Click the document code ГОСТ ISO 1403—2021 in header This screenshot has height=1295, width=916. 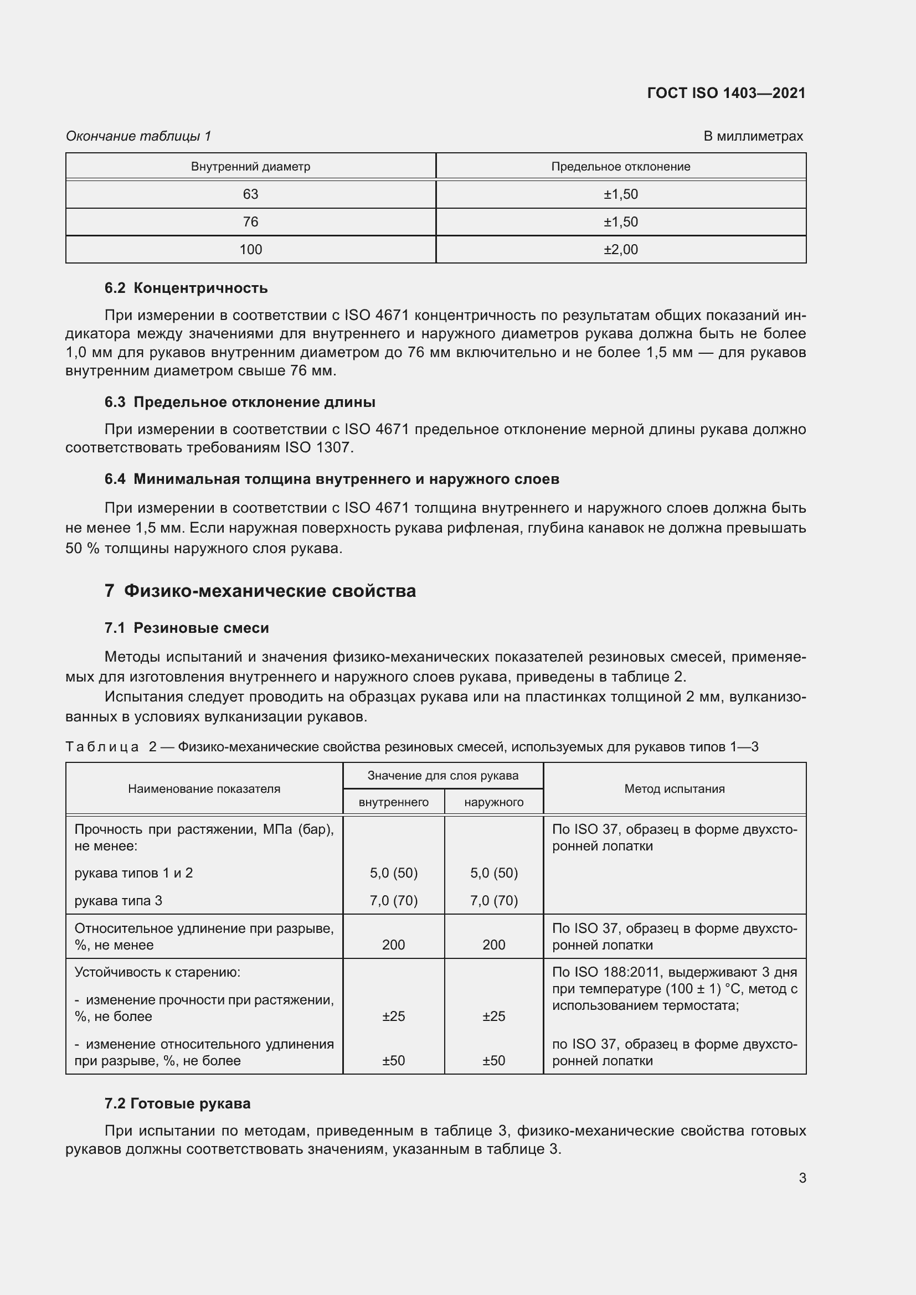(x=726, y=93)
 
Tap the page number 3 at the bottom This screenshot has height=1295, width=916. (x=802, y=1178)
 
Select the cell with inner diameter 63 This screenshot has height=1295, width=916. (x=250, y=194)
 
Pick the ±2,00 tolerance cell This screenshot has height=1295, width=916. (x=620, y=249)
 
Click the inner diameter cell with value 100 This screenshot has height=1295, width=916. (x=250, y=249)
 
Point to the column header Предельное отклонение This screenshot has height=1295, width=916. (x=620, y=167)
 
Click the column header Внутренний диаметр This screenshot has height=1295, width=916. (x=250, y=167)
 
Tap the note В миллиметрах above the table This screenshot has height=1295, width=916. (x=753, y=136)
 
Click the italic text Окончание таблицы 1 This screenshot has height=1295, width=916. (x=138, y=136)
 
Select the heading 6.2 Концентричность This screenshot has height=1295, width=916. (x=186, y=288)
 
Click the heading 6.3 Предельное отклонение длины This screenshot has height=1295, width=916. (x=240, y=402)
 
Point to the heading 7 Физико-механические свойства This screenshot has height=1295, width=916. (x=260, y=591)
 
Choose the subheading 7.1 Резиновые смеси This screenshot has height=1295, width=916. (x=187, y=628)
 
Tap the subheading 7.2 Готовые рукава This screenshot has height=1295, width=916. (x=178, y=1103)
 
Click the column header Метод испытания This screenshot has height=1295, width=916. (x=674, y=788)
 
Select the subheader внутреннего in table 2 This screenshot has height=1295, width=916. (x=393, y=802)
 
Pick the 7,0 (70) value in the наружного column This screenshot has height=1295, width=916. (x=493, y=901)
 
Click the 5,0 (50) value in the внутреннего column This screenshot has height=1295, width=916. (x=393, y=873)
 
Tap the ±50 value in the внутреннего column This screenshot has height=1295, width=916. (x=393, y=1060)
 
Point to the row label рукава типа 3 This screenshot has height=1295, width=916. (x=119, y=901)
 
